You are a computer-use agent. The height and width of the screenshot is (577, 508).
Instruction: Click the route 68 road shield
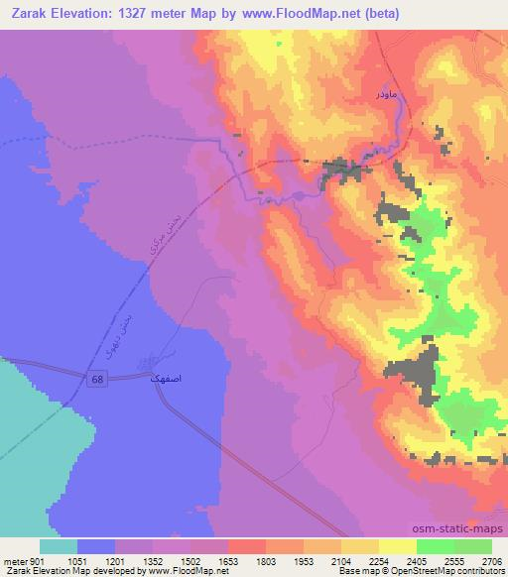pyautogui.click(x=96, y=380)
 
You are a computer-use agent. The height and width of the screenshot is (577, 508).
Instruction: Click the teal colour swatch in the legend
pyautogui.click(x=59, y=546)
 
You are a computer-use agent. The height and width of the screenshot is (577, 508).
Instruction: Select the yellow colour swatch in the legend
pyautogui.click(x=397, y=546)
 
